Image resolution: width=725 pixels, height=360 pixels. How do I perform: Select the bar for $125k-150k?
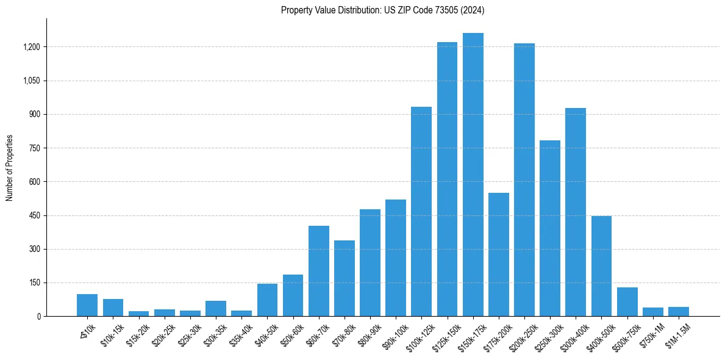[x=447, y=179]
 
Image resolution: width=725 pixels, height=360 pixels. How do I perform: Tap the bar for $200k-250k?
[x=524, y=180]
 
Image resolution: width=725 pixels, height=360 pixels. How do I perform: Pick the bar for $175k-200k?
[x=499, y=254]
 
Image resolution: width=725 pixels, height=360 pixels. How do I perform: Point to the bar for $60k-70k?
[x=319, y=271]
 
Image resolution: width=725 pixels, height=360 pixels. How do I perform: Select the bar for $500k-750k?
[x=627, y=301]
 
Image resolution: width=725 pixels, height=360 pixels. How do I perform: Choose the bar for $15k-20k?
[x=139, y=314]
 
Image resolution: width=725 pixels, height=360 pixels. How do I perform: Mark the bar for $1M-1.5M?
[x=679, y=312]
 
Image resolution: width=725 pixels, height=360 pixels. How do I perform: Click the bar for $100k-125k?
[x=421, y=212]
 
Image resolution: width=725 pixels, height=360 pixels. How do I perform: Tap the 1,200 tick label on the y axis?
[x=31, y=47]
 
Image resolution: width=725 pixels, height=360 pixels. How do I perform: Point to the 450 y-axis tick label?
[x=35, y=215]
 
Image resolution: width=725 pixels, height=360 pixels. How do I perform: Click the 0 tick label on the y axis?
[x=38, y=317]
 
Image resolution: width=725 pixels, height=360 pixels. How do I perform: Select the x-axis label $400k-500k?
[x=599, y=334]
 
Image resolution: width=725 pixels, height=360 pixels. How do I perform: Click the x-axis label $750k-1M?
[x=652, y=333]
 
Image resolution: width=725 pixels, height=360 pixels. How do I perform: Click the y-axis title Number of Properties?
[x=10, y=168]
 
